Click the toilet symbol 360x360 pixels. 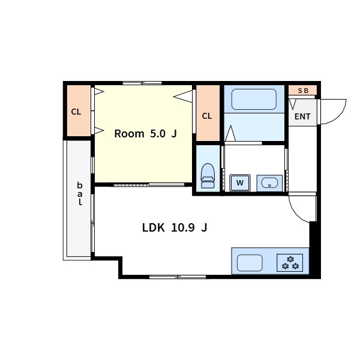208,176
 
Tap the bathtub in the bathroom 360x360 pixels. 254,99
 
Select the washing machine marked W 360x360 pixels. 240,183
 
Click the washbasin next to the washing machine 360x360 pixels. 269,183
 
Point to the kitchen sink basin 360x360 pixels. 250,263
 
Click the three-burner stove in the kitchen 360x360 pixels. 290,263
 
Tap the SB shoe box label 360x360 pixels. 303,91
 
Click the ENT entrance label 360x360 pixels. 302,116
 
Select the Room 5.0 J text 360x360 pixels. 146,134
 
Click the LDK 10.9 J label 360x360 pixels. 175,228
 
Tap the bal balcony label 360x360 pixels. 80,194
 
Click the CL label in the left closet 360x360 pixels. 76,112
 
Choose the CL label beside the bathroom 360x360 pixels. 207,116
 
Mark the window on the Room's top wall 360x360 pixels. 142,83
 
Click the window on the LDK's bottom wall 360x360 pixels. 178,277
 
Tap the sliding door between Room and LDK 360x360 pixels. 149,185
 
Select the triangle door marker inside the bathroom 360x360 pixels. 230,133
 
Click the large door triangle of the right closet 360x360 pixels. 183,97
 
